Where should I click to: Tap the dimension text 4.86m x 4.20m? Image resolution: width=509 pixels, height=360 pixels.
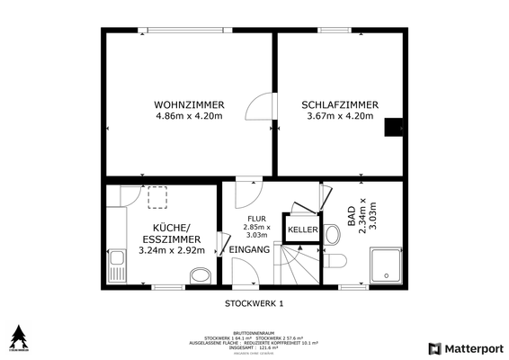189,116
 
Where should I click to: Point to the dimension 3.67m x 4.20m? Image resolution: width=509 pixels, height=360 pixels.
339,116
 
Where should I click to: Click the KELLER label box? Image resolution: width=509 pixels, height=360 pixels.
302,230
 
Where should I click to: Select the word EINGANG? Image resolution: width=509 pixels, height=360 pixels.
249,249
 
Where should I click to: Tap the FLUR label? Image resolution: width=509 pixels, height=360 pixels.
257,217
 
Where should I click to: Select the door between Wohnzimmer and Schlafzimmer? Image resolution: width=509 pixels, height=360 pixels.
260,108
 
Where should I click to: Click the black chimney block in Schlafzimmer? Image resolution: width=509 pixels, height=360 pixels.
393,128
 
